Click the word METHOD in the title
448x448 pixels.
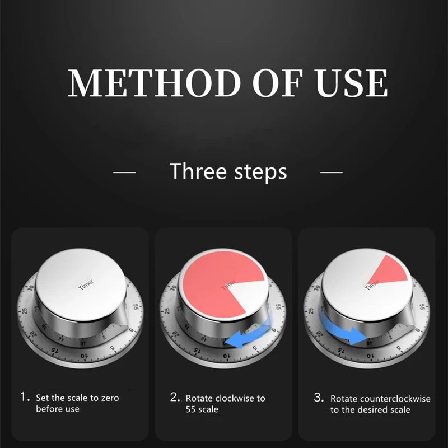pyautogui.click(x=154, y=82)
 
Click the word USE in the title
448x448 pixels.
pyautogui.click(x=351, y=82)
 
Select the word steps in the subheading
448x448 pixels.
pyautogui.click(x=260, y=172)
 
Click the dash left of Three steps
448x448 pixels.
pyautogui.click(x=124, y=172)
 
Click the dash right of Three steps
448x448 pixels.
pyautogui.click(x=332, y=172)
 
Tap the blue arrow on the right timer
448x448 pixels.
pyautogui.click(x=343, y=329)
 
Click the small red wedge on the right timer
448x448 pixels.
pyautogui.click(x=389, y=270)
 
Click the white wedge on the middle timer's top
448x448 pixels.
pyautogui.click(x=248, y=295)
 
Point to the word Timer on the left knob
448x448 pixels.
pyautogui.click(x=86, y=284)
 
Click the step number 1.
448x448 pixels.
pyautogui.click(x=25, y=397)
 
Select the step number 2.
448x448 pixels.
pyautogui.click(x=175, y=397)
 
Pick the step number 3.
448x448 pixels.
pyautogui.click(x=319, y=397)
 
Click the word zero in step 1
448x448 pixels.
pyautogui.click(x=110, y=398)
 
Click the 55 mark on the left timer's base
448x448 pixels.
pyautogui.click(x=136, y=307)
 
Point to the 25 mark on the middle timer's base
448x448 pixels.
pyautogui.click(x=167, y=311)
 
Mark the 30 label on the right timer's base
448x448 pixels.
pyautogui.click(x=317, y=287)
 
